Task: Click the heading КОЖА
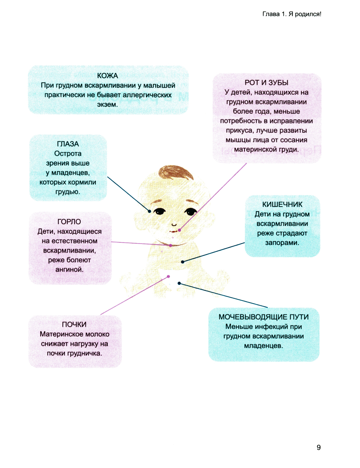(107, 76)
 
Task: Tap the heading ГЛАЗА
(68, 144)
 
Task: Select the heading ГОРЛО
(69, 222)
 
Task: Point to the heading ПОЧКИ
(74, 324)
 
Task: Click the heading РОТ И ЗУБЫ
(266, 83)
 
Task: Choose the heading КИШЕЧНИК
(282, 204)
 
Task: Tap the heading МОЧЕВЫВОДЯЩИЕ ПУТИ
(264, 317)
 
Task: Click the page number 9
(319, 447)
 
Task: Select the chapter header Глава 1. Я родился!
(292, 14)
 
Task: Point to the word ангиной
(69, 269)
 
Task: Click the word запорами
(282, 243)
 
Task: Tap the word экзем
(107, 105)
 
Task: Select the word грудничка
(85, 353)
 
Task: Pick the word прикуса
(240, 130)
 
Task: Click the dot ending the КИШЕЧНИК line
(183, 262)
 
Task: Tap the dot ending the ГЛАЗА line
(150, 211)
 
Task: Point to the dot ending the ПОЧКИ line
(168, 276)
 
